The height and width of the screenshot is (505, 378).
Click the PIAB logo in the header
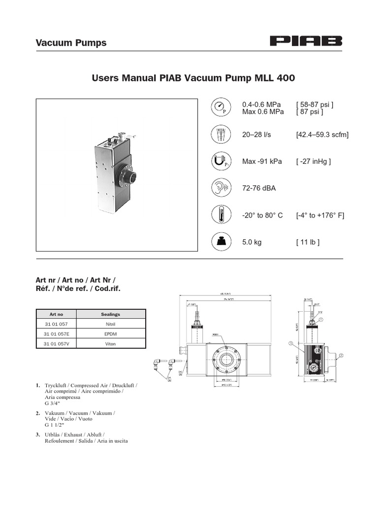(306, 42)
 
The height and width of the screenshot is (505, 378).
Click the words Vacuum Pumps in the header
(71, 43)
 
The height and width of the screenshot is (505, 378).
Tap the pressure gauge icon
(220, 107)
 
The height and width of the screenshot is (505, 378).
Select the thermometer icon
(220, 215)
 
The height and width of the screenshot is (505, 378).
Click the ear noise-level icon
(220, 188)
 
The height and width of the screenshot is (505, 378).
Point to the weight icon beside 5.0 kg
(220, 242)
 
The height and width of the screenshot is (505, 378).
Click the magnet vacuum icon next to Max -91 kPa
(220, 161)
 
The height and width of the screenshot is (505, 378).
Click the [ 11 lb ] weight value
(308, 242)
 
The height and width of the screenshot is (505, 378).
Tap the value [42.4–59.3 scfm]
(322, 135)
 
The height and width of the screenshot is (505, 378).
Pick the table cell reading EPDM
(110, 334)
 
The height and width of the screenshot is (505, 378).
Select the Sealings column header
(110, 314)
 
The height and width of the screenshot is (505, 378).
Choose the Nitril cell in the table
(110, 324)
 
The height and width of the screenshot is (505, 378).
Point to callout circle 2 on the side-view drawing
(341, 355)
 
